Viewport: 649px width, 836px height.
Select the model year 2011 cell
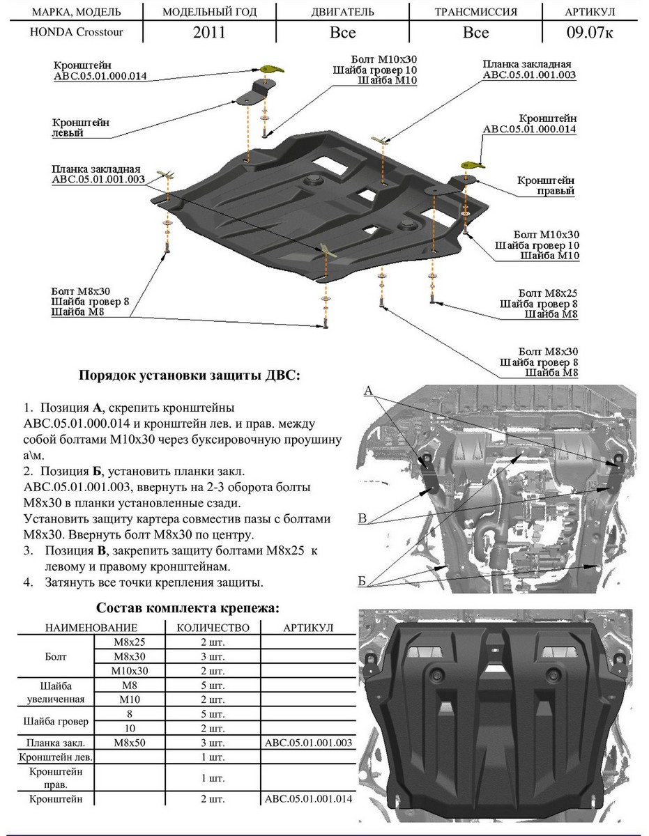(209, 33)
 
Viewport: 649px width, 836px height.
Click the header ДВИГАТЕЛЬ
(342, 12)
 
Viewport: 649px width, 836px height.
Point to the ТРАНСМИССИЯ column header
(475, 12)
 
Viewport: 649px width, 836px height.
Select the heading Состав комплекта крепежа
(188, 608)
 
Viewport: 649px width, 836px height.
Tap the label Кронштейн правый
(546, 185)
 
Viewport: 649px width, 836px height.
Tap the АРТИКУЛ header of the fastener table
(308, 628)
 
